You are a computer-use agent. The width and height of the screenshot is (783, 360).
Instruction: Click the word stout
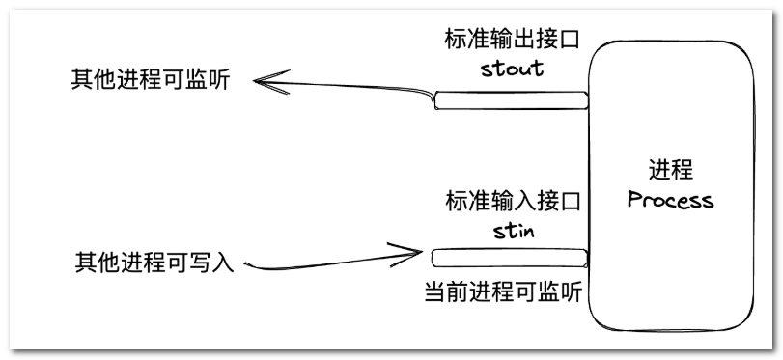513,69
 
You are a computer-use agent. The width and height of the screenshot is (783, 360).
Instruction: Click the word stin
514,231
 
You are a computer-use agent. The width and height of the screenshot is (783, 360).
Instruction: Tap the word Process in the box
670,200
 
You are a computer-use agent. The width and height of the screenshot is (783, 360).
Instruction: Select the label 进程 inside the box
671,170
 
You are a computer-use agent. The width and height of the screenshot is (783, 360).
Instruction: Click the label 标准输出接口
513,39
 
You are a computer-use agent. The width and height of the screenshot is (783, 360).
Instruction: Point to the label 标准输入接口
514,201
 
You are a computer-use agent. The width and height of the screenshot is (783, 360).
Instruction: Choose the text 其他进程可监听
151,80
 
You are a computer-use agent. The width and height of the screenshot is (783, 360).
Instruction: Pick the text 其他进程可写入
154,263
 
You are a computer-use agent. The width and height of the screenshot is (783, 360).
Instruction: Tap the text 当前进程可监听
503,292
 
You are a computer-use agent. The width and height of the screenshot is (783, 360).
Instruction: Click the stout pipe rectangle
511,100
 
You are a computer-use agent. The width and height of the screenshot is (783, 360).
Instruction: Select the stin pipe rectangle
510,258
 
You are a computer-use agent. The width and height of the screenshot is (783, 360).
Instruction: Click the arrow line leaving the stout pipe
344,87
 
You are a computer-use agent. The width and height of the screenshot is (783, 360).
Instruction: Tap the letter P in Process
634,200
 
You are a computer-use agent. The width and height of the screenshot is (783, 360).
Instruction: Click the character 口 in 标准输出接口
570,40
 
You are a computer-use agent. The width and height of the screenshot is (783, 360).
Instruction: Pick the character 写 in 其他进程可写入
200,263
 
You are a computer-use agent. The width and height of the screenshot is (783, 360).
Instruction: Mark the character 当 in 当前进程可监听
434,292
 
